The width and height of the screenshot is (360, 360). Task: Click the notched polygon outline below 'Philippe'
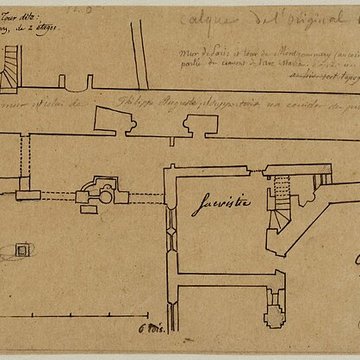coord(118,125)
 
